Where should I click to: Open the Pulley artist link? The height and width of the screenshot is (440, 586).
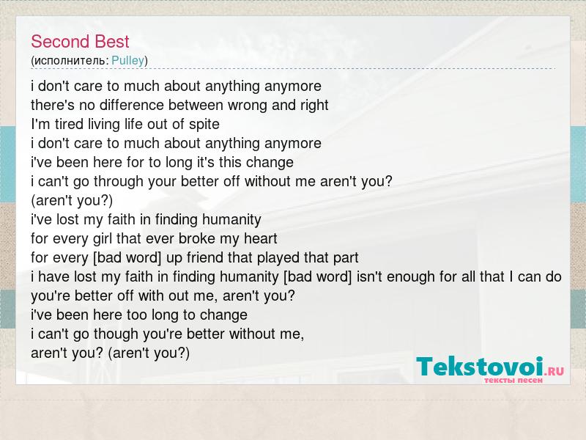pyautogui.click(x=127, y=61)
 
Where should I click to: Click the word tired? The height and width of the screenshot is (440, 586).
pyautogui.click(x=69, y=124)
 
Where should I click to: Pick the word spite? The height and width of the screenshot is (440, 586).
pyautogui.click(x=204, y=125)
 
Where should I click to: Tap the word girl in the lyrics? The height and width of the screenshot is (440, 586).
pyautogui.click(x=102, y=239)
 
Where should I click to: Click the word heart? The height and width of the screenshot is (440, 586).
pyautogui.click(x=261, y=239)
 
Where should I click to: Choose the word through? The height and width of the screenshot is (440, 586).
pyautogui.click(x=119, y=182)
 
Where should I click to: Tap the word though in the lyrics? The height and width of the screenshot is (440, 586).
pyautogui.click(x=116, y=334)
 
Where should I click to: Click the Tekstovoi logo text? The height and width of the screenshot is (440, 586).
pyautogui.click(x=480, y=367)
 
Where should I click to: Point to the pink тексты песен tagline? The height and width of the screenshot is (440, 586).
pyautogui.click(x=513, y=381)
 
